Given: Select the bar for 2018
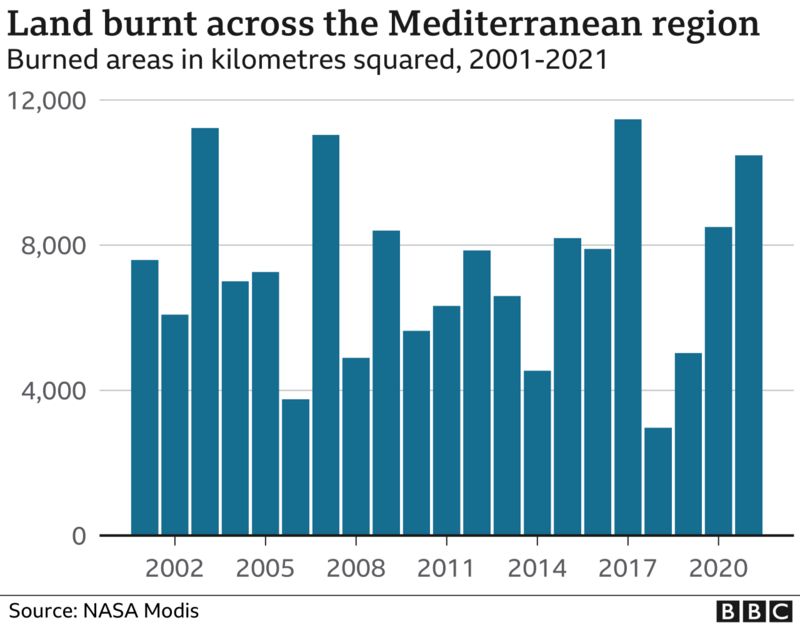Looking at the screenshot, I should tap(658, 481).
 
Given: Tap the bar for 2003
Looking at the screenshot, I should tap(205, 331).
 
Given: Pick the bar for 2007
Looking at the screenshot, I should tap(326, 335).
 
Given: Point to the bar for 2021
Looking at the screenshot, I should tap(749, 345).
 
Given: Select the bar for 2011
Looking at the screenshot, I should tap(447, 420).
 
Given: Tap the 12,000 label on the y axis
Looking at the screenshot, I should tap(49, 101).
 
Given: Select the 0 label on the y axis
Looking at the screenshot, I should tap(79, 536).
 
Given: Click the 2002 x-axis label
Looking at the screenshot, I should tap(175, 569).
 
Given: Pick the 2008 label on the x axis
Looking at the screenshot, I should tap(356, 569).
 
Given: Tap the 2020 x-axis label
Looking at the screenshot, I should tap(718, 569).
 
